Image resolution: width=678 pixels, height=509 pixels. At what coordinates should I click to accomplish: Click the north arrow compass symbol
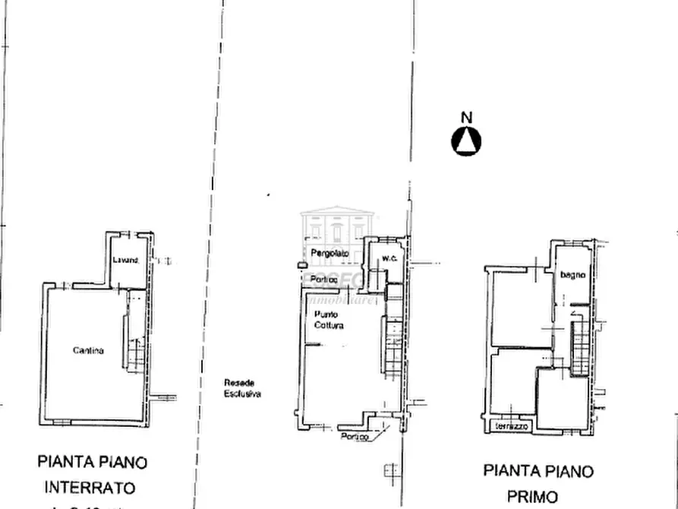pyautogui.click(x=467, y=141)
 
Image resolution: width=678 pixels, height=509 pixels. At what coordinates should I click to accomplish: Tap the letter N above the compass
pyautogui.click(x=467, y=117)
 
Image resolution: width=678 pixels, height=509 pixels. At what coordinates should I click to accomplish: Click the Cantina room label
pyautogui.click(x=89, y=350)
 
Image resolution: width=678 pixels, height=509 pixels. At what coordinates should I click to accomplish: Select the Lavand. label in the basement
pyautogui.click(x=126, y=261)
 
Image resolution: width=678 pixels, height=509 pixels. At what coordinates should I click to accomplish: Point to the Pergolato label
pyautogui.click(x=330, y=252)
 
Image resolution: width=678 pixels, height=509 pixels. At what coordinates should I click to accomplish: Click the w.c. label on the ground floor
pyautogui.click(x=389, y=258)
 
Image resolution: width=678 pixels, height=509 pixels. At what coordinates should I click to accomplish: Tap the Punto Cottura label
pyautogui.click(x=329, y=320)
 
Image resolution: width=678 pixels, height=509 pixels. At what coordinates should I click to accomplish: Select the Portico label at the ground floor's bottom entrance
pyautogui.click(x=355, y=437)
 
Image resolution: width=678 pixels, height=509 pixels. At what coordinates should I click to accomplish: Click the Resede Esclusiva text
pyautogui.click(x=242, y=388)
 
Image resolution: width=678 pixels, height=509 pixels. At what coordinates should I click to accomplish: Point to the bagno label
pyautogui.click(x=572, y=275)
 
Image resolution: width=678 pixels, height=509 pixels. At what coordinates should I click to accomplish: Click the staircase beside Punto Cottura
pyautogui.click(x=393, y=346)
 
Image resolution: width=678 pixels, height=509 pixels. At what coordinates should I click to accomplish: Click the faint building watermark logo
pyautogui.click(x=338, y=228)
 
